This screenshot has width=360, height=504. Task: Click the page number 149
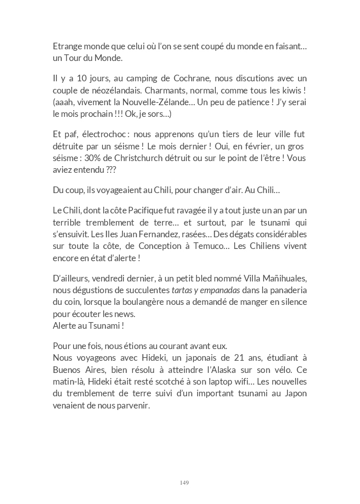(x=184, y=482)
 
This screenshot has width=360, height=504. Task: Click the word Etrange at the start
(x=68, y=47)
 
